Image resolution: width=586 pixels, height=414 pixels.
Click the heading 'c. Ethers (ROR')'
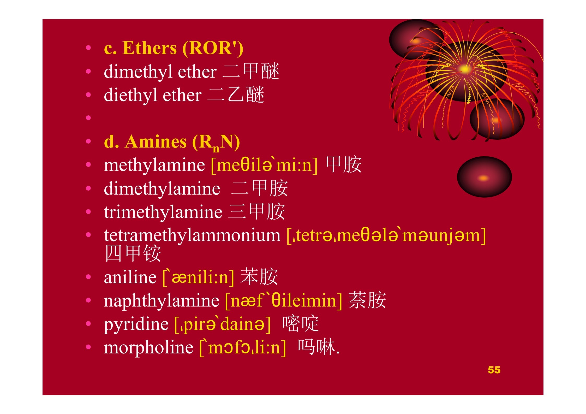click(174, 48)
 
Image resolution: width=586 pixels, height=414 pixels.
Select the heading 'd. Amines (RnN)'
click(172, 142)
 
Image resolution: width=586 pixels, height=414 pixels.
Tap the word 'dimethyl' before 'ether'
click(138, 72)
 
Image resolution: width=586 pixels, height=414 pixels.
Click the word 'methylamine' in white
click(154, 165)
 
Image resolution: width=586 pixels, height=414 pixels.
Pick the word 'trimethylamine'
click(163, 212)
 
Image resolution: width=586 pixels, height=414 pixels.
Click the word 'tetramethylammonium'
click(192, 235)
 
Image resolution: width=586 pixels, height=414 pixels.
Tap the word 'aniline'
click(130, 277)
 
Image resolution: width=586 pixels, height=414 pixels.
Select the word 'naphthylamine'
click(162, 301)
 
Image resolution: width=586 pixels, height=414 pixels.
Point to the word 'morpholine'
click(148, 348)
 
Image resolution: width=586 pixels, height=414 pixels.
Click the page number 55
click(494, 370)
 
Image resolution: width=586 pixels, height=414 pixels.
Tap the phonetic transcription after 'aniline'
click(198, 277)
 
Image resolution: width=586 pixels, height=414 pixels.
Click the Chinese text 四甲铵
click(133, 253)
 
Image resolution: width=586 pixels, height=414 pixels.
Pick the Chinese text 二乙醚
click(236, 94)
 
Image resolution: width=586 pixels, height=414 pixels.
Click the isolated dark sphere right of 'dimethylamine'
click(484, 177)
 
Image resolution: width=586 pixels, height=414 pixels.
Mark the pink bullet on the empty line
click(88, 118)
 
